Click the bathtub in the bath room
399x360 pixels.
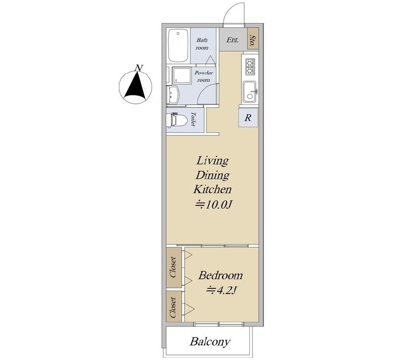tap(179, 46)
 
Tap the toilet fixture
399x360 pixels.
tap(176, 119)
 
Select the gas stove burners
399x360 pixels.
tap(250, 67)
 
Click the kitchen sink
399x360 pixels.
tap(249, 92)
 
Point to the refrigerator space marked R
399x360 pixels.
tap(248, 117)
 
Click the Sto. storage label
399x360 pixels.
tap(253, 41)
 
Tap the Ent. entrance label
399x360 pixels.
tap(233, 40)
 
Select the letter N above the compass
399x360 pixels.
tap(138, 68)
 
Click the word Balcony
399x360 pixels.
tap(210, 342)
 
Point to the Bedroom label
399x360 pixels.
tap(220, 275)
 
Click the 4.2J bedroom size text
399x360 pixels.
tap(222, 290)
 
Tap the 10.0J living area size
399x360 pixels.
tap(214, 204)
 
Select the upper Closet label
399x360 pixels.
tap(173, 267)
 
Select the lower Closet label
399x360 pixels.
tap(173, 307)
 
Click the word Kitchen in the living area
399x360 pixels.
tap(212, 190)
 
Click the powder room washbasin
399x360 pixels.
tap(174, 95)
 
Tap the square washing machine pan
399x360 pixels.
tap(181, 76)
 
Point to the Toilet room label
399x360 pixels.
tap(193, 120)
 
